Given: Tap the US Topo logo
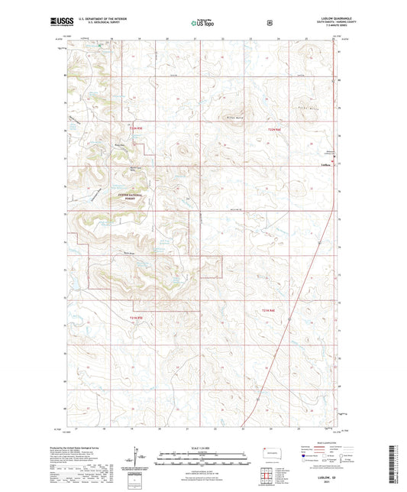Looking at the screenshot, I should click(x=199, y=23).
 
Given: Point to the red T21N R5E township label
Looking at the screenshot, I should click(x=138, y=319).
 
